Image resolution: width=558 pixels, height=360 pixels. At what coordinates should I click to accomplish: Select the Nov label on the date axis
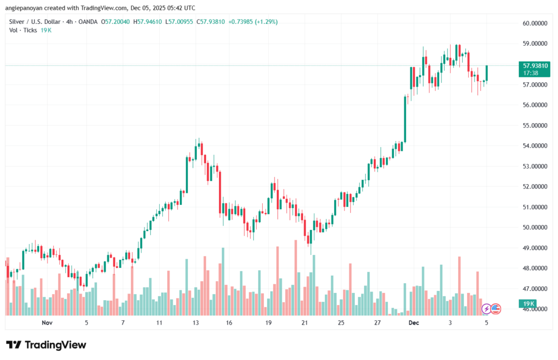pyautogui.click(x=47, y=323)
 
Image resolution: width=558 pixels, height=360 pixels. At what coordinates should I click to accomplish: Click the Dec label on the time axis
pyautogui.click(x=415, y=323)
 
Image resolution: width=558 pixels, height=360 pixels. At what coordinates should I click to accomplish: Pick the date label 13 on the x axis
pyautogui.click(x=195, y=323)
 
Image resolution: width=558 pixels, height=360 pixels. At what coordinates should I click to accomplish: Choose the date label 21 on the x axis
pyautogui.click(x=305, y=323)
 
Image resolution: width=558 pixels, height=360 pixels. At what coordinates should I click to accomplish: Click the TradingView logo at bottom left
pyautogui.click(x=46, y=345)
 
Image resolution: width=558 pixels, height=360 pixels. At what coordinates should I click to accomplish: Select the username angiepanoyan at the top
pyautogui.click(x=26, y=8)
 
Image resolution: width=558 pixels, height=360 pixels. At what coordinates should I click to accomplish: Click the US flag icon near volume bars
pyautogui.click(x=495, y=309)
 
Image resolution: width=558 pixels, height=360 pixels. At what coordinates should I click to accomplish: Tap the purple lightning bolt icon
pyautogui.click(x=487, y=309)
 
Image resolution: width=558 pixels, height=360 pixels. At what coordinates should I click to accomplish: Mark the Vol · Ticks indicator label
pyautogui.click(x=23, y=30)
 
